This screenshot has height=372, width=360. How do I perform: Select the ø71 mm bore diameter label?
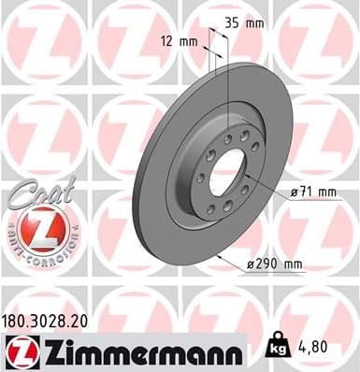pos(312,192)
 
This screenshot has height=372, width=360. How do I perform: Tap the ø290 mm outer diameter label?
pos(275,265)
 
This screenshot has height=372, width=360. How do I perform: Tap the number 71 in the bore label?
pos(306,192)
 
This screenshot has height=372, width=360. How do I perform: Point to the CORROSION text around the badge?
pos(51,253)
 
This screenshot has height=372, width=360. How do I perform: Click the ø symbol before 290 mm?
pos(249,265)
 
